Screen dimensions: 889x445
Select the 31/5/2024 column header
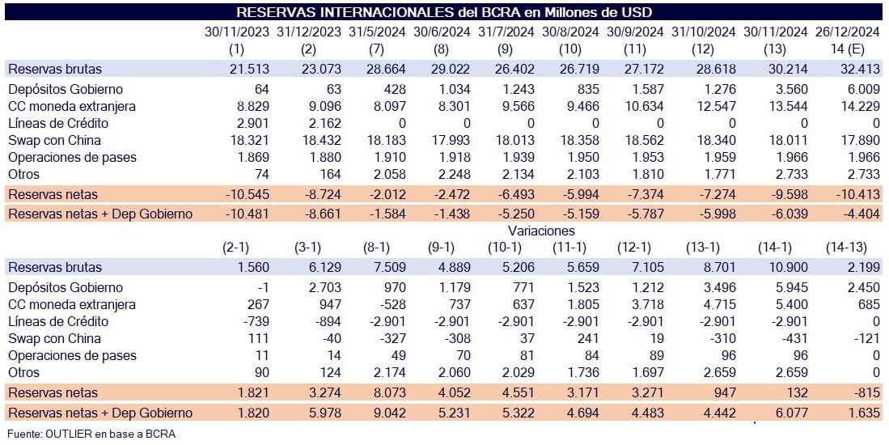click(377, 32)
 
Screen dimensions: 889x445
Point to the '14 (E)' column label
click(849, 49)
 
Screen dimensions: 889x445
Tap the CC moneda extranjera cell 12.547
click(716, 106)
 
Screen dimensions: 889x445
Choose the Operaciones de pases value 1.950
click(582, 157)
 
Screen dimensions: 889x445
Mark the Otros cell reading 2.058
click(389, 174)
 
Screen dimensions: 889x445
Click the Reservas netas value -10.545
click(248, 194)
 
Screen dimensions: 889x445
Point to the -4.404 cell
click(861, 214)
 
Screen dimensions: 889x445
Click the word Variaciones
click(541, 231)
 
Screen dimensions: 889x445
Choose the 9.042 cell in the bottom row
click(389, 413)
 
